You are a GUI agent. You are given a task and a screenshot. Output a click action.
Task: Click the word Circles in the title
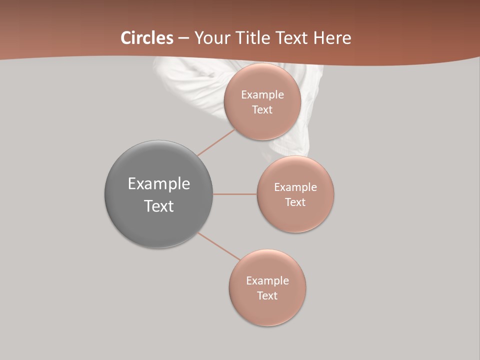click(147, 38)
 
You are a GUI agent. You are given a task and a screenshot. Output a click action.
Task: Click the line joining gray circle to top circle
click(216, 142)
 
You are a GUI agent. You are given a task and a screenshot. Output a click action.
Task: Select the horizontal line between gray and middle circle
click(235, 194)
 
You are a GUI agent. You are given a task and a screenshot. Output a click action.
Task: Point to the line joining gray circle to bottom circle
click(218, 246)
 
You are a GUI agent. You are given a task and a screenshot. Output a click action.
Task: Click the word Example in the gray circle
click(159, 184)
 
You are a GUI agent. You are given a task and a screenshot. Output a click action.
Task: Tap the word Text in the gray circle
click(159, 206)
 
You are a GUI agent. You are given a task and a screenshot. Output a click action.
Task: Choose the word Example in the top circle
click(262, 95)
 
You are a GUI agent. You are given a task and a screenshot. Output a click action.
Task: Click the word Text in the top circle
click(262, 110)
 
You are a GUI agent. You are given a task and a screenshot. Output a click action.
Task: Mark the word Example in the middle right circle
click(295, 187)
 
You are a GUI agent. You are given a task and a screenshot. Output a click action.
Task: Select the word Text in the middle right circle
click(295, 202)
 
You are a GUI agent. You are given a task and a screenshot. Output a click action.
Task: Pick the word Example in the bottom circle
click(267, 281)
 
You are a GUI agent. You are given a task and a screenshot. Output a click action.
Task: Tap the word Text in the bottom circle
click(267, 296)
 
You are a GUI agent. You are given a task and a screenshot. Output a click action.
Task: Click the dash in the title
click(183, 38)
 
